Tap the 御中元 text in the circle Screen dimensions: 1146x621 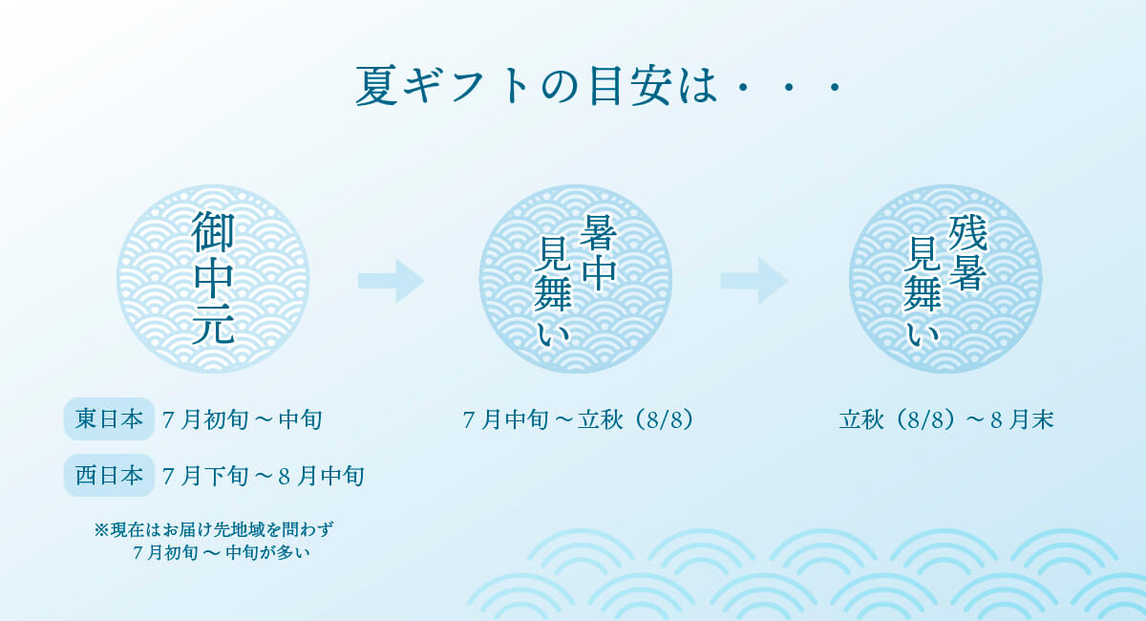[x=213, y=278]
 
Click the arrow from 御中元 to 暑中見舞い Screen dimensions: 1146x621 [x=391, y=281]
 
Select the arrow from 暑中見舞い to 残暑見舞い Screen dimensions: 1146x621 [x=754, y=281]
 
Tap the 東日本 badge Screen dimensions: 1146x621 [x=109, y=418]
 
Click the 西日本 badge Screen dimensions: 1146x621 [x=109, y=475]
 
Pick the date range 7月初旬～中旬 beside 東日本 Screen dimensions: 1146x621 [x=242, y=419]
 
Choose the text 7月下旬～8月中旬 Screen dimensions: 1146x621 [x=263, y=476]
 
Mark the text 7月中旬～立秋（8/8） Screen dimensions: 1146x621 [x=578, y=419]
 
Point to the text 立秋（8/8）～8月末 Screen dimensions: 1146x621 [x=946, y=419]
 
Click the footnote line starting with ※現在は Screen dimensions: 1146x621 [x=213, y=529]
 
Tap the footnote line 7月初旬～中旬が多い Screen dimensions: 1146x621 [x=221, y=553]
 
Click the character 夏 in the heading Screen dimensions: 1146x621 [x=376, y=85]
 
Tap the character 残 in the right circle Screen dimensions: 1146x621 [x=966, y=233]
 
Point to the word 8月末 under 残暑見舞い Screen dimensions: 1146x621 [x=1022, y=419]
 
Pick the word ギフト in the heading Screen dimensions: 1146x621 [x=466, y=85]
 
